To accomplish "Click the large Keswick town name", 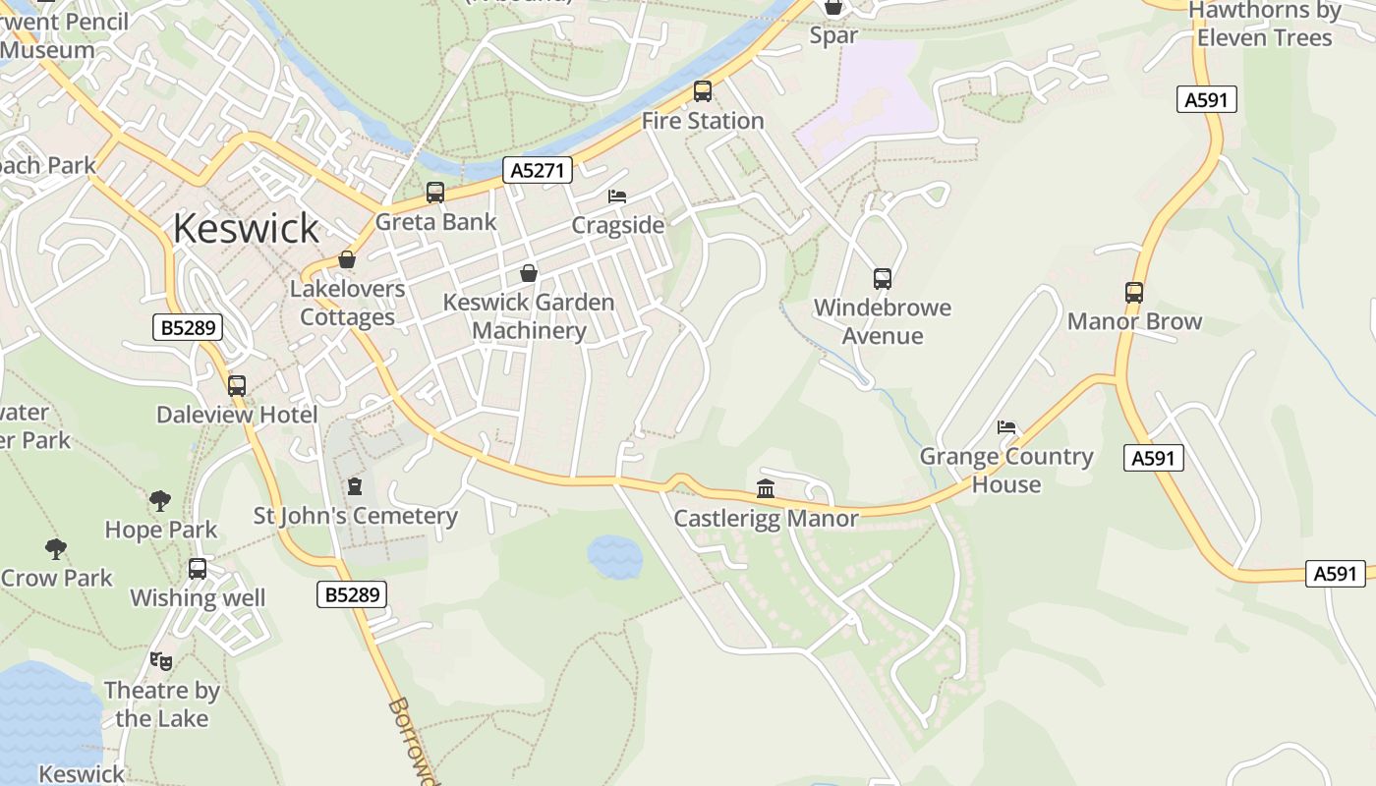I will pyautogui.click(x=246, y=228).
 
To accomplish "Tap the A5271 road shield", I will pyautogui.click(x=539, y=170).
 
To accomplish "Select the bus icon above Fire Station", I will pyautogui.click(x=702, y=91).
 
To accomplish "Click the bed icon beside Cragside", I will pyautogui.click(x=617, y=196).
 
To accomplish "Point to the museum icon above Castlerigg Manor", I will pyautogui.click(x=766, y=488).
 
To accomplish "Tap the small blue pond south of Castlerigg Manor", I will pyautogui.click(x=615, y=557).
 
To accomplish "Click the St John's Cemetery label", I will pyautogui.click(x=356, y=516).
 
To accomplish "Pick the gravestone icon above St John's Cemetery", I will pyautogui.click(x=355, y=486).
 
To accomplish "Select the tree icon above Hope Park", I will pyautogui.click(x=160, y=501).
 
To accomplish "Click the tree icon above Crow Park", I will pyautogui.click(x=56, y=549).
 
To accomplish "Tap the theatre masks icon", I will pyautogui.click(x=161, y=661).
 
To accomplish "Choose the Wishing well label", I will pyautogui.click(x=198, y=598).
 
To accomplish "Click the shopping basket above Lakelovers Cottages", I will pyautogui.click(x=346, y=259).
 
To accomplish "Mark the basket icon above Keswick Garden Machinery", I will pyautogui.click(x=529, y=273).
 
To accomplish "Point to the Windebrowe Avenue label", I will pyautogui.click(x=883, y=321).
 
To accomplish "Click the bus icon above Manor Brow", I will pyautogui.click(x=1134, y=293).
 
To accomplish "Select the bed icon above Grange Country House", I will pyautogui.click(x=1006, y=427).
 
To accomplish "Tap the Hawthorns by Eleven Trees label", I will pyautogui.click(x=1264, y=24).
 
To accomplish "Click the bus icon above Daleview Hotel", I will pyautogui.click(x=237, y=386).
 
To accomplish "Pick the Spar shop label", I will pyautogui.click(x=833, y=35).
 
